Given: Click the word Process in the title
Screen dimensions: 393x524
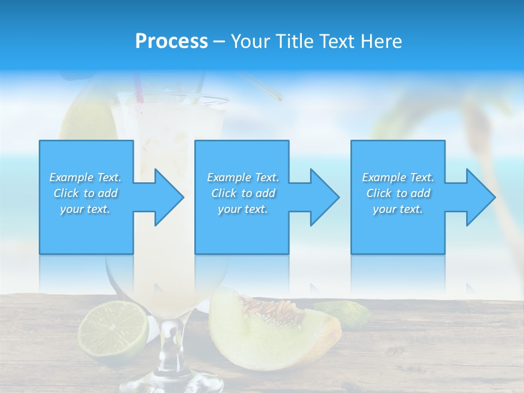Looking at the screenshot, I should tap(171, 41).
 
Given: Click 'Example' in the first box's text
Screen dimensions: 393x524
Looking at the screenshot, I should tap(71, 177).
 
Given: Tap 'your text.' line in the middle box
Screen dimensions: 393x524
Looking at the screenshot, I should tap(242, 209).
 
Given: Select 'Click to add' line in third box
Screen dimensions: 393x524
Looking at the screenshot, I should tap(398, 193).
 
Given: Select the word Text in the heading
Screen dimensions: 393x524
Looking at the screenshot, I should tap(334, 41).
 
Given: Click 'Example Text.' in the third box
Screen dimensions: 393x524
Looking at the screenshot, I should tap(398, 177).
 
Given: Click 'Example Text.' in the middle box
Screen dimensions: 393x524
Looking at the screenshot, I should tap(242, 177).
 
